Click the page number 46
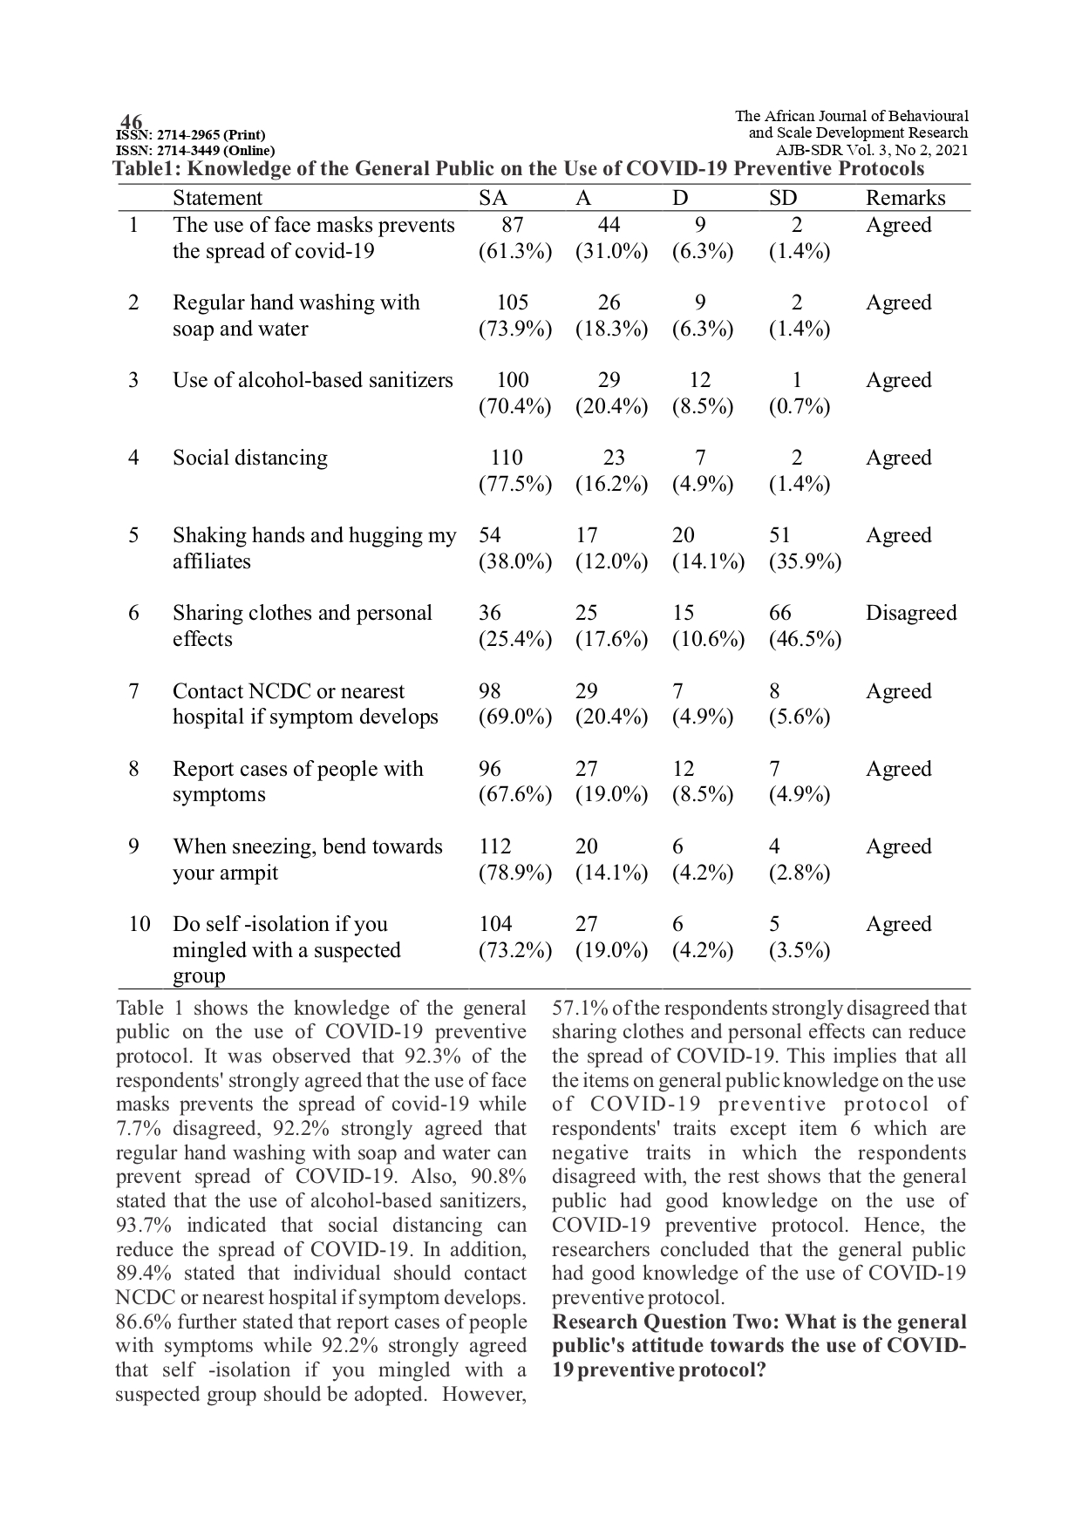click(131, 121)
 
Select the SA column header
click(493, 198)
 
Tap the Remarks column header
click(905, 198)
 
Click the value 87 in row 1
click(513, 225)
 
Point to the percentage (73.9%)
click(515, 329)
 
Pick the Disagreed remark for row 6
click(910, 613)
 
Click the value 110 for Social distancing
click(507, 458)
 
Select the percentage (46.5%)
click(805, 639)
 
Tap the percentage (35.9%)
click(805, 561)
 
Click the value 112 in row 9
click(495, 846)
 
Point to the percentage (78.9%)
click(515, 873)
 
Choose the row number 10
click(140, 924)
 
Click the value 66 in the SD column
click(780, 613)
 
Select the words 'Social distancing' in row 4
click(250, 458)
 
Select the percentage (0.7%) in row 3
click(799, 406)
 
